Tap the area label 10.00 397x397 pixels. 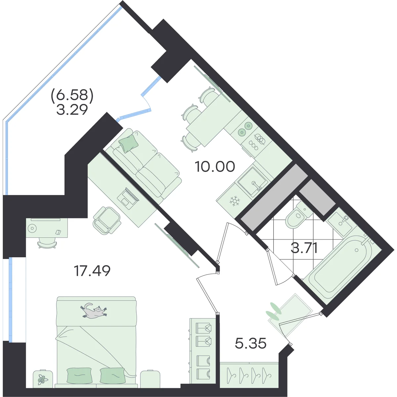tap(215, 166)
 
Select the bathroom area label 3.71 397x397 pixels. tap(304, 248)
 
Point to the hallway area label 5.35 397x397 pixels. tap(250, 343)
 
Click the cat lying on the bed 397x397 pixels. tap(94, 311)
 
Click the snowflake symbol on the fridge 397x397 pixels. tap(235, 201)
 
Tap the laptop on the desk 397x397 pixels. tap(128, 197)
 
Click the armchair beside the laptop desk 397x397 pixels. tap(107, 221)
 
